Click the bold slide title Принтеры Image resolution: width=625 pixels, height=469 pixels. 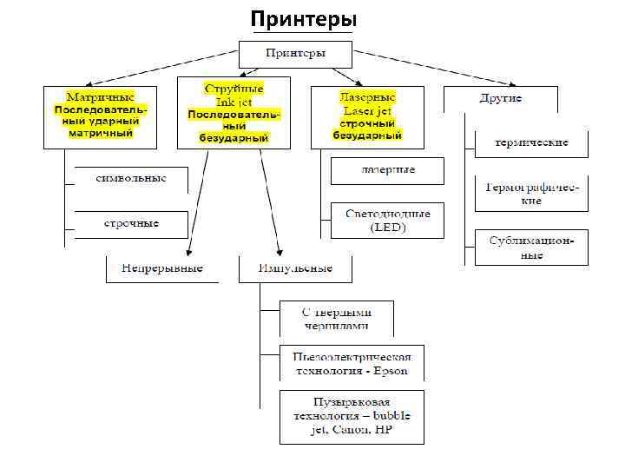pyautogui.click(x=302, y=19)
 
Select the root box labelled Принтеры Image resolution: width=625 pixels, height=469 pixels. pyautogui.click(x=296, y=53)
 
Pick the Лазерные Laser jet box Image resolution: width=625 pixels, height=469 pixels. pyautogui.click(x=367, y=116)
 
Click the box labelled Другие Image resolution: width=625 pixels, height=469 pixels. pyautogui.click(x=500, y=98)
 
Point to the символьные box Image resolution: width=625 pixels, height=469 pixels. pyautogui.click(x=131, y=178)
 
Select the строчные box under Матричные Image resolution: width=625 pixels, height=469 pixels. pyautogui.click(x=131, y=223)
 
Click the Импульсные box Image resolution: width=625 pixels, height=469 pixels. pyautogui.click(x=296, y=268)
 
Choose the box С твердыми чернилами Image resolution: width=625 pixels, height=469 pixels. pyautogui.click(x=336, y=319)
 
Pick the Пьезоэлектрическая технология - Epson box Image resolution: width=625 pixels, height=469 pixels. pyautogui.click(x=352, y=364)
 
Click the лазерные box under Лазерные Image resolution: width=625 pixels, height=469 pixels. pyautogui.click(x=387, y=170)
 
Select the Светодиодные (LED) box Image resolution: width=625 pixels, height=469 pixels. pyautogui.click(x=387, y=221)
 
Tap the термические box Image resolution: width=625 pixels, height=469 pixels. pyautogui.click(x=531, y=142)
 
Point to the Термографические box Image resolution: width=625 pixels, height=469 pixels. pyautogui.click(x=531, y=194)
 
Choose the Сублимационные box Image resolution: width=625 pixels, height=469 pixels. pyautogui.click(x=531, y=248)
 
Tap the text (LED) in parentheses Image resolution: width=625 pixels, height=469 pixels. pyautogui.click(x=387, y=228)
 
